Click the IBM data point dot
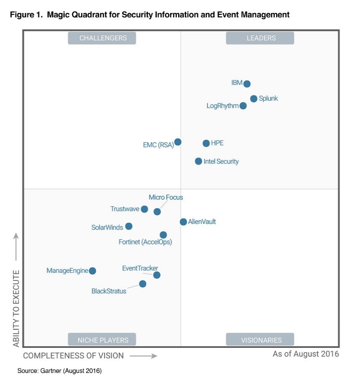247,84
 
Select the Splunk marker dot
254,99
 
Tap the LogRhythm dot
243,106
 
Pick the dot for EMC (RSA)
178,142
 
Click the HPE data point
206,143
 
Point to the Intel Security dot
198,161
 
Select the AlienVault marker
183,222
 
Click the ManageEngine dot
92,271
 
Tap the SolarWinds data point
129,226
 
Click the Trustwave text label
125,209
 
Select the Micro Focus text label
166,197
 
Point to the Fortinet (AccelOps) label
145,242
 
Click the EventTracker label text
140,268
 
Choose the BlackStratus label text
109,291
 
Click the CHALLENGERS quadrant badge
103,38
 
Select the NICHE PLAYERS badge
103,339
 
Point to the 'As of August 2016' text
306,354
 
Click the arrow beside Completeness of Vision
143,356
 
